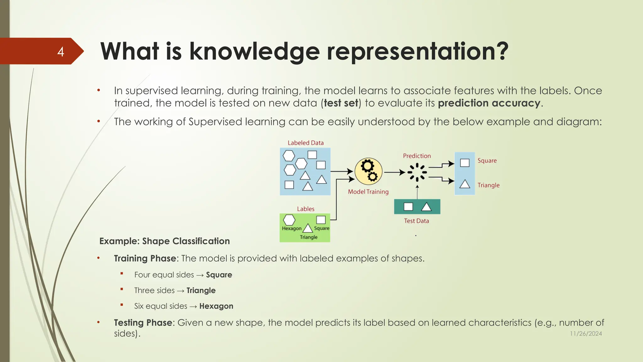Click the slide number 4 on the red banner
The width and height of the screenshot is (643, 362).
coord(61,52)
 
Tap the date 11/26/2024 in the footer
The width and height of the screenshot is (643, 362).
coord(586,334)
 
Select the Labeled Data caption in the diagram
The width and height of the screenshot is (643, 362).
coord(305,143)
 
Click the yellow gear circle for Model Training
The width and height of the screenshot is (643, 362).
coord(369,171)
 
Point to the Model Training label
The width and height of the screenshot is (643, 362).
coord(368,192)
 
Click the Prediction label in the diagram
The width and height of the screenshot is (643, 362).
coord(417,156)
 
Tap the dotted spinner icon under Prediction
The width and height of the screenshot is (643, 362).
coord(417,172)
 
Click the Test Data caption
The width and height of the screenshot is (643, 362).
coord(416,221)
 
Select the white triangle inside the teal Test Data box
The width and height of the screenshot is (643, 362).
coord(426,207)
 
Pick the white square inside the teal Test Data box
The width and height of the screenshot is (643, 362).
coord(408,206)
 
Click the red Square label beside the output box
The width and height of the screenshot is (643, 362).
coord(487,161)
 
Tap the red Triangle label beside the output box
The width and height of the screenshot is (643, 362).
coord(488,185)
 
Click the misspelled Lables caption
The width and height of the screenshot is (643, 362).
coord(305,209)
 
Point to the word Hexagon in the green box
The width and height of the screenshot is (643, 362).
coord(291,228)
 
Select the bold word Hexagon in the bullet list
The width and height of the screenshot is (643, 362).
coord(216,306)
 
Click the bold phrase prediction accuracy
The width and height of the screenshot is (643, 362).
coord(489,103)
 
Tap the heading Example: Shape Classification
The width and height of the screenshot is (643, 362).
coord(165,241)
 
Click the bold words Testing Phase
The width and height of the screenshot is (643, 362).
coord(143,323)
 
